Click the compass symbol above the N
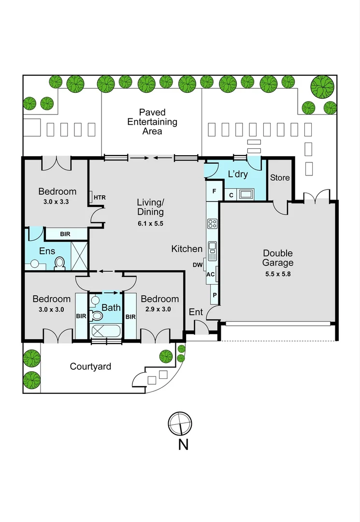click(180, 423)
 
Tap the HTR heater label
click(100, 197)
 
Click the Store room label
click(280, 177)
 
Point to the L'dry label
click(237, 174)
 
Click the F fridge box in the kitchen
click(214, 190)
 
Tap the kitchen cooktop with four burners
click(212, 223)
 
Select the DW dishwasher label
click(198, 265)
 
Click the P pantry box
click(214, 294)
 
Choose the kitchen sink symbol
click(212, 250)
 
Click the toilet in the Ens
click(60, 262)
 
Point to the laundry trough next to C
click(246, 194)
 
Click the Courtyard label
click(90, 366)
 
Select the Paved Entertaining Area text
click(152, 122)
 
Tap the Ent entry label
click(196, 312)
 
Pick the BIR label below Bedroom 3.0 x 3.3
click(65, 234)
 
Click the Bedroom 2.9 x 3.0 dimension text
click(159, 309)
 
